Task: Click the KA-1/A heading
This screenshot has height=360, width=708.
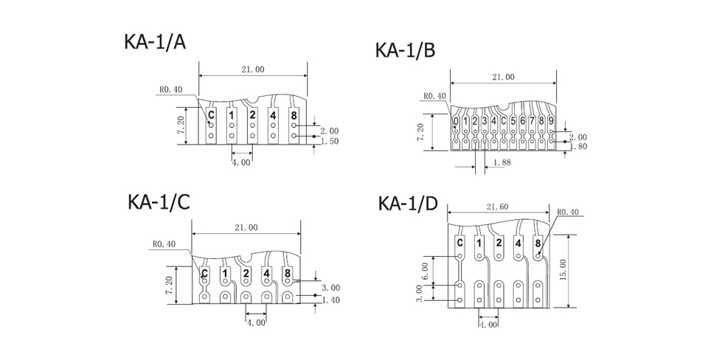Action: [155, 41]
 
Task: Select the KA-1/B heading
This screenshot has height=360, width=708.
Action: [405, 50]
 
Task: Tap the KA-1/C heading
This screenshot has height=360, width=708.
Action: [159, 201]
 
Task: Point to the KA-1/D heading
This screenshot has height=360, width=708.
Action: [408, 204]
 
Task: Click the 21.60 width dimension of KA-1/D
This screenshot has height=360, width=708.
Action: [498, 207]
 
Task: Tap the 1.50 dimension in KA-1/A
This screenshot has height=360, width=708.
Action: [330, 142]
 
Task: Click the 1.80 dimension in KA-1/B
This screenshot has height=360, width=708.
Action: [578, 146]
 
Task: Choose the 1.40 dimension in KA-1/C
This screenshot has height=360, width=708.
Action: [331, 300]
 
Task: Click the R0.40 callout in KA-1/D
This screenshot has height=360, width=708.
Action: [568, 212]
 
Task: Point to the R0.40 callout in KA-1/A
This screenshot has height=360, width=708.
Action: [171, 89]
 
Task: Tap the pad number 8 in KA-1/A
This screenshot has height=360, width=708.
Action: [294, 114]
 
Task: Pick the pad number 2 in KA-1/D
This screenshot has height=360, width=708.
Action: [499, 243]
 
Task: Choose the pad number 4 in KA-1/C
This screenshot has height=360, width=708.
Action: [267, 274]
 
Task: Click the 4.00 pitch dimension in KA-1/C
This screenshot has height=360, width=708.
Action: [256, 322]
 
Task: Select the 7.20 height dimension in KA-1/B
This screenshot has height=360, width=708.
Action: [421, 132]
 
